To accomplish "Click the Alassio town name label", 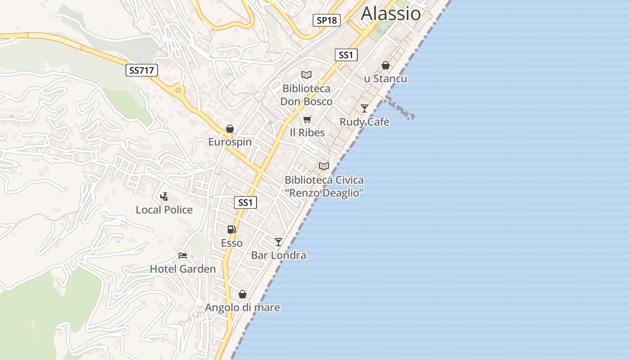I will (x=391, y=13).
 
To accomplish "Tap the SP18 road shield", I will (x=326, y=20).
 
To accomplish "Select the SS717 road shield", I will (x=141, y=70).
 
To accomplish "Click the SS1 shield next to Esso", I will (x=245, y=202).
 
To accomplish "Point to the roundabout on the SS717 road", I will (x=179, y=90).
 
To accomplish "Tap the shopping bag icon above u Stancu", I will (x=386, y=65).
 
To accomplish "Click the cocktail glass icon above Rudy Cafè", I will (x=364, y=108).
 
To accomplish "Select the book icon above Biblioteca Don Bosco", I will (x=306, y=75).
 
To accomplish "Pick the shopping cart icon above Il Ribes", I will (x=307, y=119).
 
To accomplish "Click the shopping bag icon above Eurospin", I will (x=230, y=129).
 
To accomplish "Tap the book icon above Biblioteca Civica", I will (x=324, y=166).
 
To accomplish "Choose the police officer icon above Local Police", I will (x=164, y=196).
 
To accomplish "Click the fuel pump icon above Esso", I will (x=232, y=229).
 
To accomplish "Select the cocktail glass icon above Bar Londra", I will (x=279, y=242).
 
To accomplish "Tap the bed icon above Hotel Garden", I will (x=183, y=256).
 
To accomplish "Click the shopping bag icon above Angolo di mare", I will (x=243, y=294).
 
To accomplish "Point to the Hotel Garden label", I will (x=183, y=269).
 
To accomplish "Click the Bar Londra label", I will (x=279, y=255).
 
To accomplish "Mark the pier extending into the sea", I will (x=400, y=108).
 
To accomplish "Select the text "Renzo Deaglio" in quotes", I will (x=324, y=193).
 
